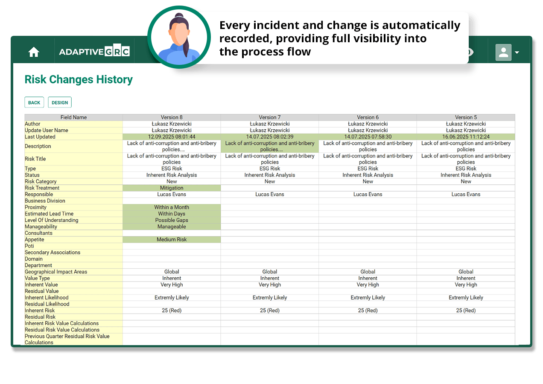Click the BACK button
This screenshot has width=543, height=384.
point(34,102)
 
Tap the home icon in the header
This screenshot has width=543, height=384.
point(34,52)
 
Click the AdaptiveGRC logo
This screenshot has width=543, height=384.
point(94,51)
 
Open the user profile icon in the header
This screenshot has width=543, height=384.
point(503,52)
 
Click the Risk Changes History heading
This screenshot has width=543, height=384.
point(79,79)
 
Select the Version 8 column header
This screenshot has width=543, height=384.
point(172,117)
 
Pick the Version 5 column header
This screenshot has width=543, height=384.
point(466,117)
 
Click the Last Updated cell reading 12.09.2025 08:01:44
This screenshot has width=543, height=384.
point(172,137)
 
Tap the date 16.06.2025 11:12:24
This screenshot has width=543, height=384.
point(466,137)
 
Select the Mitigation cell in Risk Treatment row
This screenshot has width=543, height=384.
point(172,188)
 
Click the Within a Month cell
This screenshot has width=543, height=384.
point(172,207)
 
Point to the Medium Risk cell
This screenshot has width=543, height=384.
point(172,239)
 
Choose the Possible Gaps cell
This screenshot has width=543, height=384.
point(172,220)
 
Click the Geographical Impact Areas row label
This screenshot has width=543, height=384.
point(56,272)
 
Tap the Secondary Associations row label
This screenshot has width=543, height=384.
point(53,252)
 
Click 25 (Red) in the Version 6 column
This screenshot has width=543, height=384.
point(368,310)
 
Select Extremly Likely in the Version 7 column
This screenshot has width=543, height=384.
point(269,297)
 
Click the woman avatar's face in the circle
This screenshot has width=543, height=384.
point(179,34)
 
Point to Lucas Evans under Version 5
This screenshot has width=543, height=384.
point(466,194)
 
